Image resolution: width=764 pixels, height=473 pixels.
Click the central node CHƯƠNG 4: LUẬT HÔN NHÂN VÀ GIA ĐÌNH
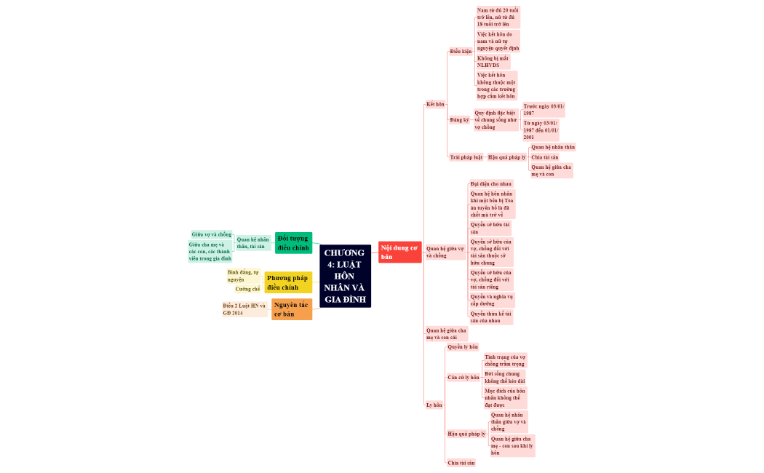[345, 276]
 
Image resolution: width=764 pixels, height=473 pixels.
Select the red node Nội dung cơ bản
[399, 252]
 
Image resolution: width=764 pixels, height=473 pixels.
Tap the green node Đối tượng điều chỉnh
[293, 243]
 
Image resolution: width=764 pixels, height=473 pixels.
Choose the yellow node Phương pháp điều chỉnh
[288, 282]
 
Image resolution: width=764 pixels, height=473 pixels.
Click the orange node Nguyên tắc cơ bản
[292, 309]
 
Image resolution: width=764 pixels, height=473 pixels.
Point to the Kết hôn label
[435, 104]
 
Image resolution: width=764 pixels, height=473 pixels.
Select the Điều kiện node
[461, 52]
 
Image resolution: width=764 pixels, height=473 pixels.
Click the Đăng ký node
[459, 119]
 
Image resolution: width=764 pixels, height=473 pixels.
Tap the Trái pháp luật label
[466, 157]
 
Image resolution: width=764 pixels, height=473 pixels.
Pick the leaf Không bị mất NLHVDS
[493, 61]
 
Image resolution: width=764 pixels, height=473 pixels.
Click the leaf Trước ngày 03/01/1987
[543, 110]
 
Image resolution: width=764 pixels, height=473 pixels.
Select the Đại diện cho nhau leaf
[491, 184]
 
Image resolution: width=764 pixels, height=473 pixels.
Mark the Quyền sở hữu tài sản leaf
[490, 228]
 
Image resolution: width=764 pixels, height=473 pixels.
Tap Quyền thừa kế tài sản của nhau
[490, 317]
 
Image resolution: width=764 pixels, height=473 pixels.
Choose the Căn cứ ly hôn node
[463, 378]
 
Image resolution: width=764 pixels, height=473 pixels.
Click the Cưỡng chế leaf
[247, 289]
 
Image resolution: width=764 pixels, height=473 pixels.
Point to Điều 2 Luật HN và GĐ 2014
[244, 309]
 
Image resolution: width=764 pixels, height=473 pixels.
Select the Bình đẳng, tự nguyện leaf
[243, 275]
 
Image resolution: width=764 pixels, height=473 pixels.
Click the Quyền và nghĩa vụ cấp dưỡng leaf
[491, 300]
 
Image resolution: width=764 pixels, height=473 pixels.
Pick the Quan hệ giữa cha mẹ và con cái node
[446, 334]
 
